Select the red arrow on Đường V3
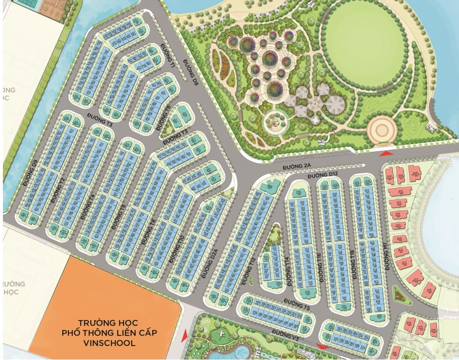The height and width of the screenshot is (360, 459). click(322, 346)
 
